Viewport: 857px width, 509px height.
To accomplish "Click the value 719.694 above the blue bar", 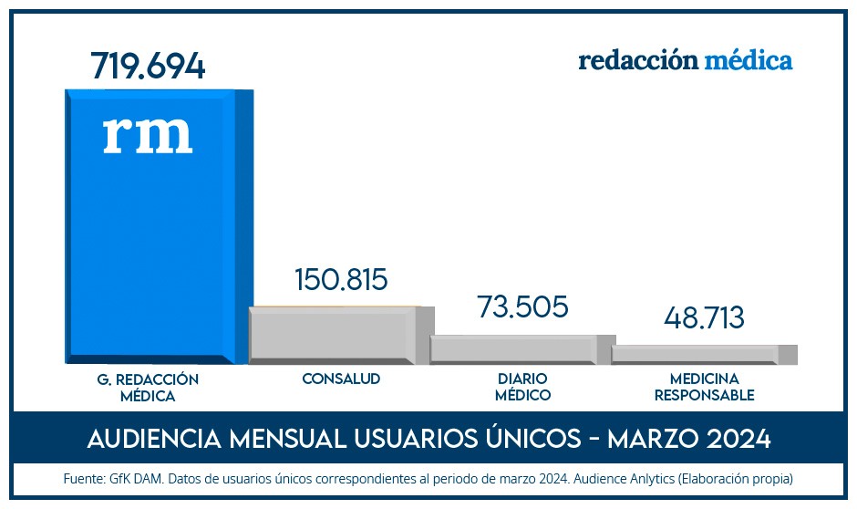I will pyautogui.click(x=148, y=66).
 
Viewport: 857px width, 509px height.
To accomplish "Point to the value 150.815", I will pyautogui.click(x=341, y=279).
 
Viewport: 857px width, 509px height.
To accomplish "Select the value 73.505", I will pyautogui.click(x=522, y=306).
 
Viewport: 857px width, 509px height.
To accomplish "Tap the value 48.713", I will pyautogui.click(x=704, y=318).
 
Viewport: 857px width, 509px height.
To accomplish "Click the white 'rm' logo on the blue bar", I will pyautogui.click(x=148, y=133).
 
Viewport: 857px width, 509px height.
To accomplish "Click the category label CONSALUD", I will pyautogui.click(x=341, y=379).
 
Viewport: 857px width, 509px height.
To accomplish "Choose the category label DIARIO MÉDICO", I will pyautogui.click(x=522, y=387).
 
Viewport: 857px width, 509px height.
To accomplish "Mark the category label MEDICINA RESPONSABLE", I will pyautogui.click(x=704, y=387).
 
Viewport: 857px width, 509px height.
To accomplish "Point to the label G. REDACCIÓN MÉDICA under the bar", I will pyautogui.click(x=147, y=387).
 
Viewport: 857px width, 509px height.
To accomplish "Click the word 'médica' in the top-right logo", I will pyautogui.click(x=748, y=60).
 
